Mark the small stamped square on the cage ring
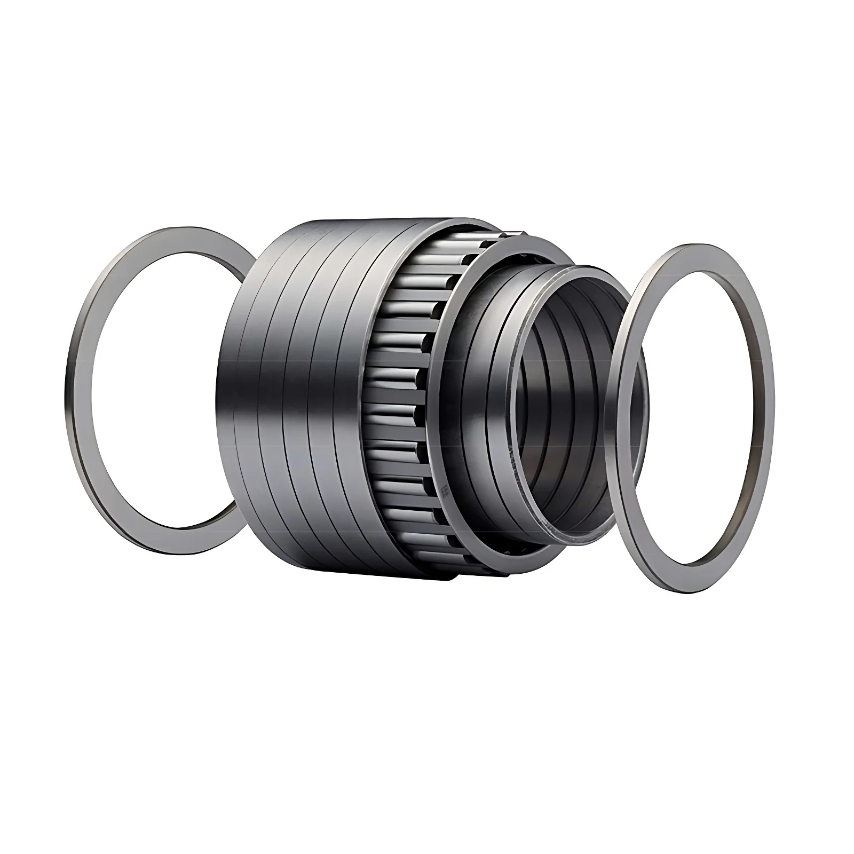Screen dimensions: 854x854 point(444,489)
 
